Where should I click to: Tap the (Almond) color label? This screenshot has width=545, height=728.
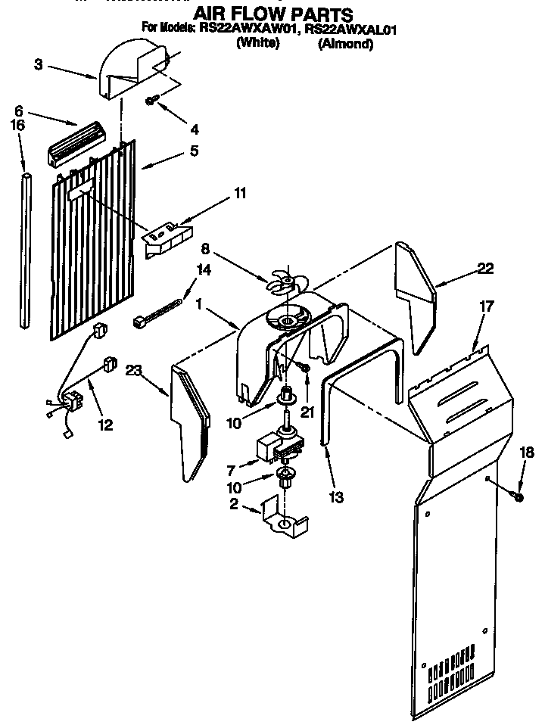pos(345,44)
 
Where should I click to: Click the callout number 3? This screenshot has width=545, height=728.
pos(38,64)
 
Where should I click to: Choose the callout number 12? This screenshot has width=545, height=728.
pos(104,425)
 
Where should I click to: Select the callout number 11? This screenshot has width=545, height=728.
pos(239,194)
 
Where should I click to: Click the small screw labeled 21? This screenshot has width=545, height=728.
pos(305,369)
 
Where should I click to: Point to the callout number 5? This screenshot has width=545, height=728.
pos(194,151)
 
